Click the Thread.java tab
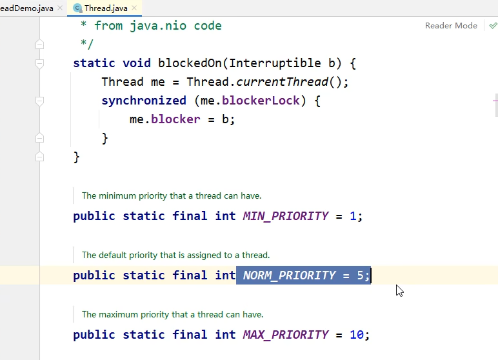click(x=106, y=8)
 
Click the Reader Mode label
click(x=451, y=26)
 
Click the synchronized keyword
click(x=143, y=101)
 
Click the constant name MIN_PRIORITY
click(x=286, y=216)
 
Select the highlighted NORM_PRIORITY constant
click(x=289, y=275)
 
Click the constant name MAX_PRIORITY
click(x=286, y=335)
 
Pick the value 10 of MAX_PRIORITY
click(x=356, y=335)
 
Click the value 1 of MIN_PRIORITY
click(x=353, y=216)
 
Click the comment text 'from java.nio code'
click(x=157, y=26)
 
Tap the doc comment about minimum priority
click(x=172, y=195)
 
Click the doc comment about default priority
click(x=175, y=255)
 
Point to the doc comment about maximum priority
click(x=172, y=314)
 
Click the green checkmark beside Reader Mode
click(x=493, y=26)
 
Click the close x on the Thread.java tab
click(x=134, y=8)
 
